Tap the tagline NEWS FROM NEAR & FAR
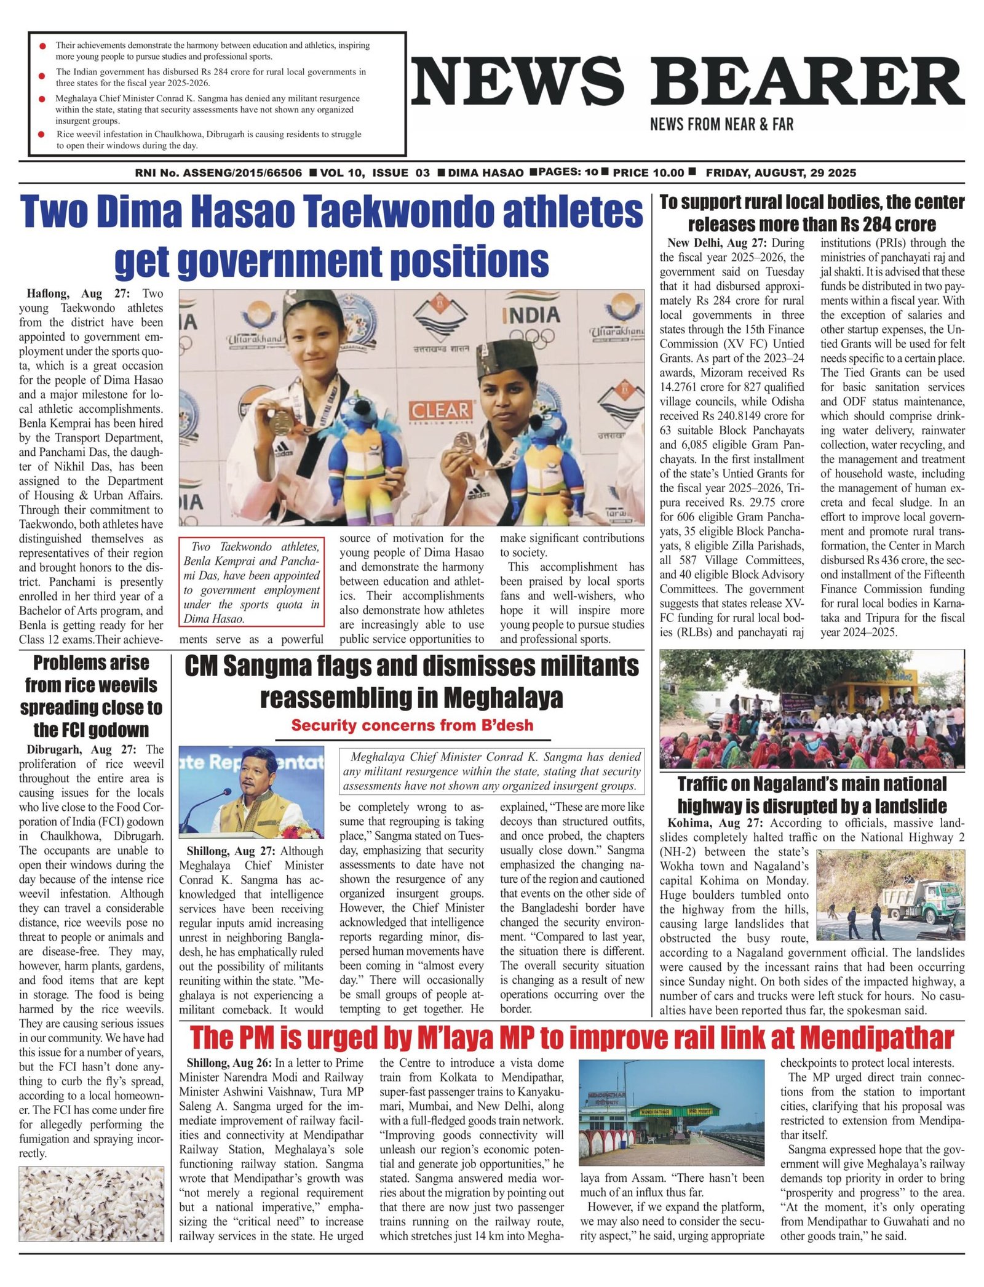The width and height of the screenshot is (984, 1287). (x=721, y=125)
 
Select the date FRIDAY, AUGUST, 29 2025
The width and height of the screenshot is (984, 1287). (x=780, y=173)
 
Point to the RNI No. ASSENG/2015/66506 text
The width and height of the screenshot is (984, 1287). (x=218, y=173)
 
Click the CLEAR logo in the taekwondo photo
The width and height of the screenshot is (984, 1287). (x=440, y=410)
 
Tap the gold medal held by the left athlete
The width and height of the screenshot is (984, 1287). (x=281, y=421)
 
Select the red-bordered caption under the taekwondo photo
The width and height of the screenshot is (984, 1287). (x=252, y=582)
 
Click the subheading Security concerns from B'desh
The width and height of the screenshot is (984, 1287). (x=412, y=725)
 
